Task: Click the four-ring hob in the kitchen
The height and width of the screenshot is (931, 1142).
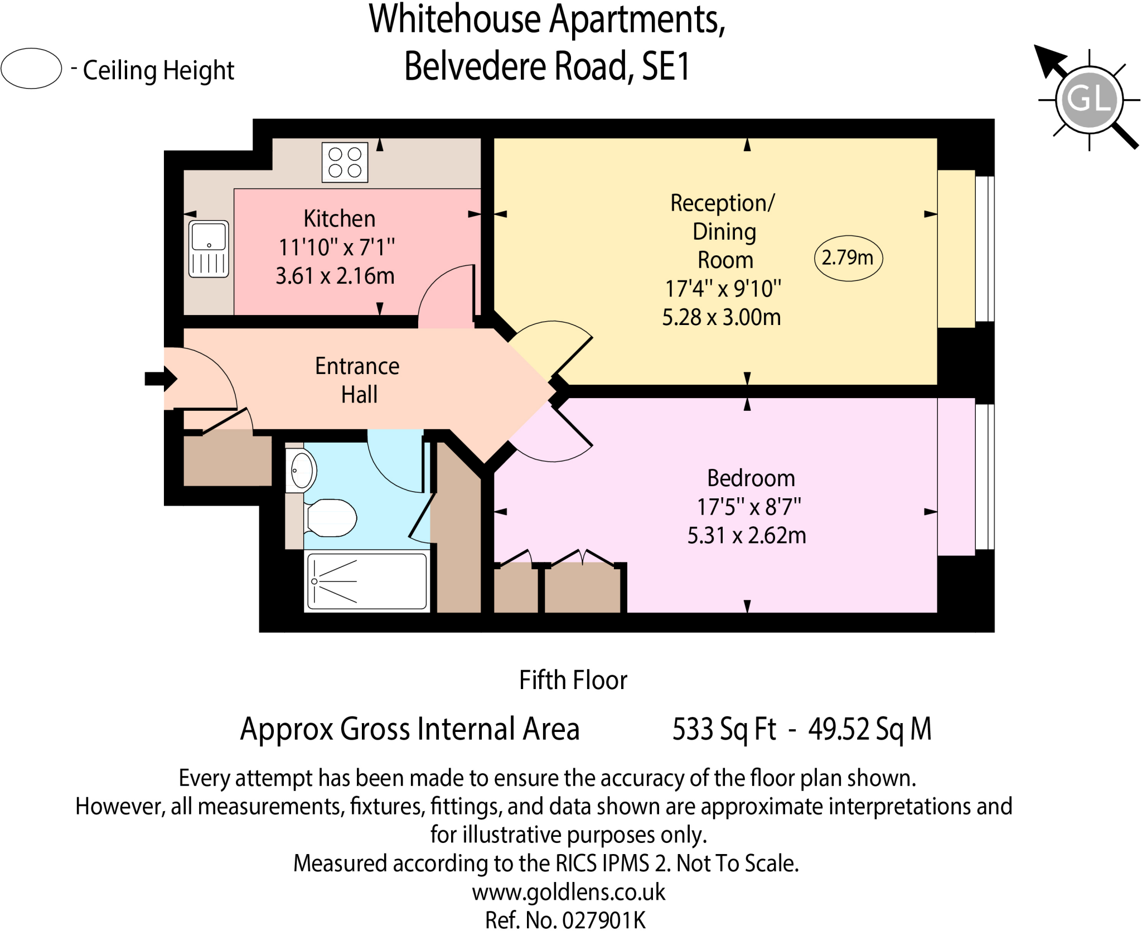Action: coord(345,162)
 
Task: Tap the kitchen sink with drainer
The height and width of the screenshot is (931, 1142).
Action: coord(209,249)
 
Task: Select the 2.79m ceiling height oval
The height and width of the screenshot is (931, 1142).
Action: coord(848,258)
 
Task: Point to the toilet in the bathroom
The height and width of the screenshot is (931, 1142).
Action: coord(331,517)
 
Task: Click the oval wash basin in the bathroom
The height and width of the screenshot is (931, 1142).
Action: coord(302,471)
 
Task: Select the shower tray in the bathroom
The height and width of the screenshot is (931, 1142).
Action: coord(367,581)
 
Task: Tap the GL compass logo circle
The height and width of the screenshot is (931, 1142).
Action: coord(1088,100)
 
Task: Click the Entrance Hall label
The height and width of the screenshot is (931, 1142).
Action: coord(357,380)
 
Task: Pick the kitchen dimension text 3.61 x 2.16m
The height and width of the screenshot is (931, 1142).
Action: coord(335,276)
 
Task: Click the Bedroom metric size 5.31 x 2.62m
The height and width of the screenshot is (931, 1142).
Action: coord(746,535)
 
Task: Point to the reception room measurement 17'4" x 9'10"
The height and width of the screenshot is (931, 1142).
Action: coord(723,289)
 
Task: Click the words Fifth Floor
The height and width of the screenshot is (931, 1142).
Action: coord(573,680)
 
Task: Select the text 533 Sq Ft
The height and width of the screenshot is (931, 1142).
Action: coord(724,729)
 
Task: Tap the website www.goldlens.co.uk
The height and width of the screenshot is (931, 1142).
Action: coord(568,892)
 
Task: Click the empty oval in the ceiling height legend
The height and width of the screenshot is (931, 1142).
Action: coord(31,69)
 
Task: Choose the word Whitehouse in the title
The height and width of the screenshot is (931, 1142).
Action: coord(454,20)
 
